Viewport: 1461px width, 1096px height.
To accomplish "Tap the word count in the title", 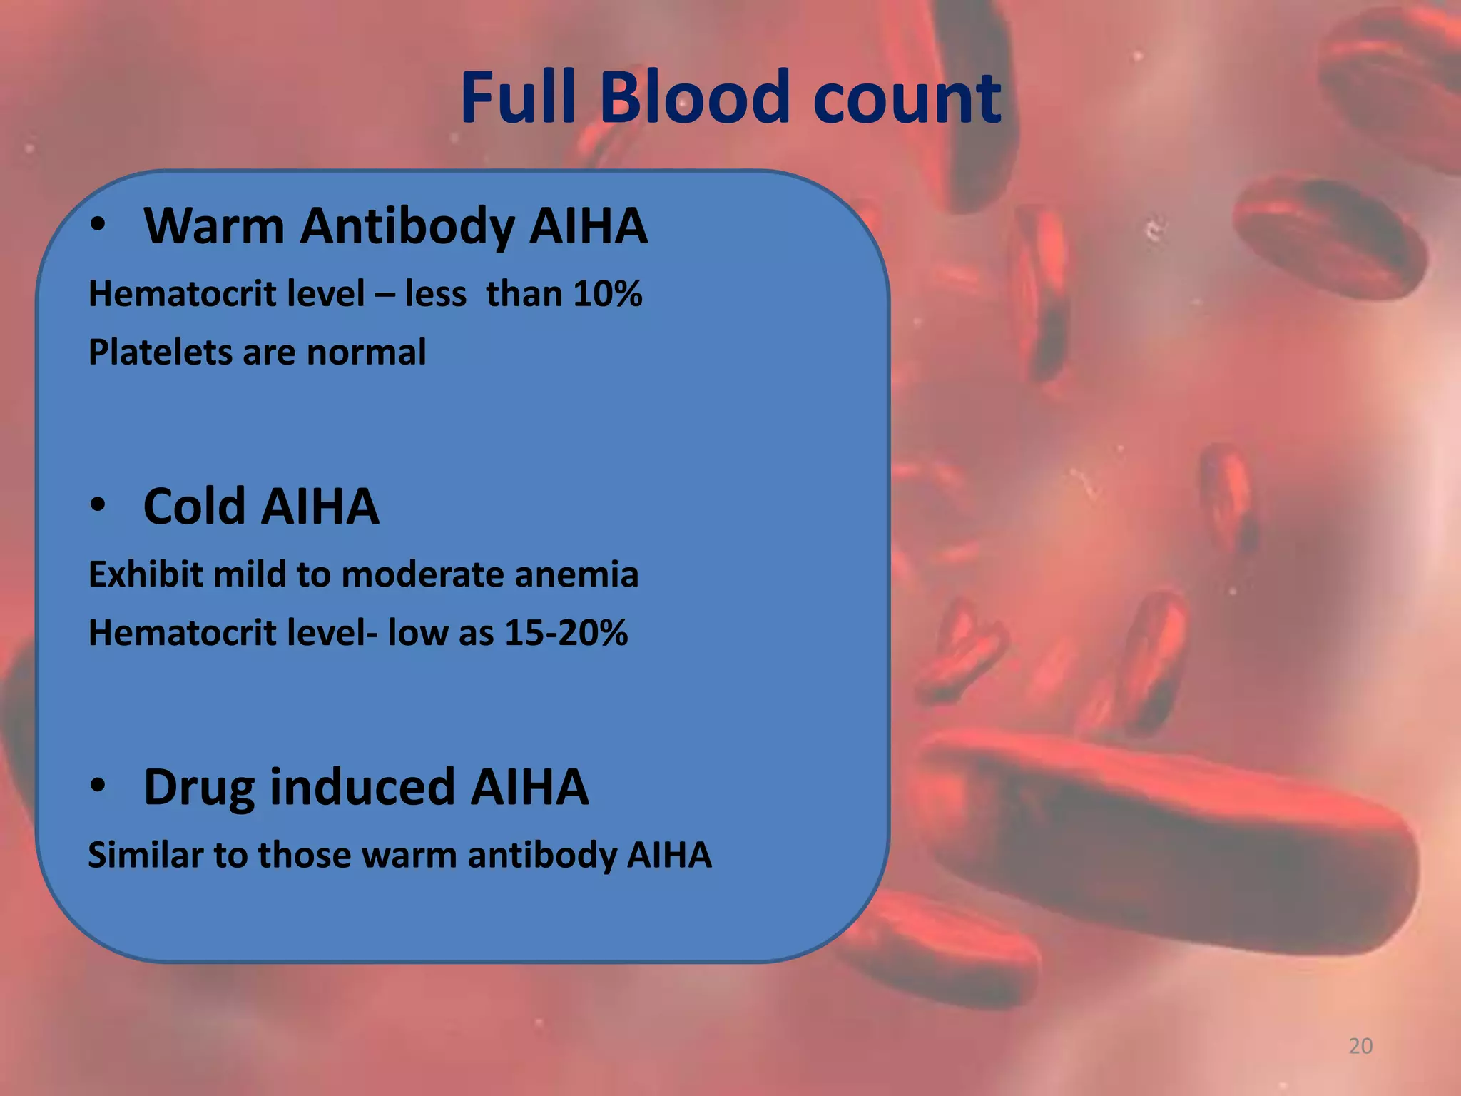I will pyautogui.click(x=907, y=98).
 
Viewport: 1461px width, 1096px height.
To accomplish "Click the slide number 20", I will pyautogui.click(x=1360, y=1046).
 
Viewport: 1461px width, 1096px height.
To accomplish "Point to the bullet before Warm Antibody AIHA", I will pyautogui.click(x=98, y=226).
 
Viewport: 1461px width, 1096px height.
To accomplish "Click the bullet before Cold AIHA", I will pyautogui.click(x=98, y=506).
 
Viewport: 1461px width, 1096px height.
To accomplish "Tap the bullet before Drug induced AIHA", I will pyautogui.click(x=98, y=786).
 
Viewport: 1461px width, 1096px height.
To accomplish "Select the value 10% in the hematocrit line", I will pyautogui.click(x=607, y=294).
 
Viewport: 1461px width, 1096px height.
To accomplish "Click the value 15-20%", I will pyautogui.click(x=566, y=633).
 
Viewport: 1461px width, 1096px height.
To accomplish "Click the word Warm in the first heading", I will pyautogui.click(x=214, y=226).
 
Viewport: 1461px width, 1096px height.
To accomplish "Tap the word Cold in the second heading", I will pyautogui.click(x=194, y=507).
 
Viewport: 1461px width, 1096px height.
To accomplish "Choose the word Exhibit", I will pyautogui.click(x=146, y=574).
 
